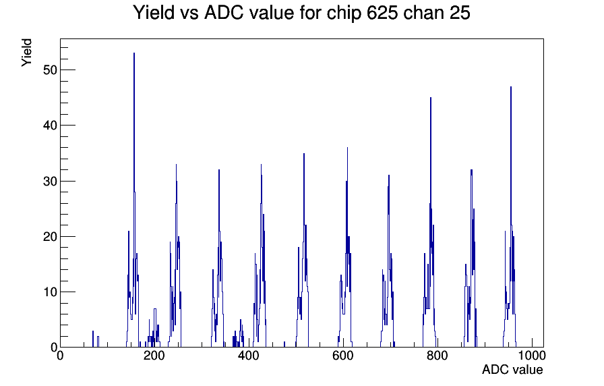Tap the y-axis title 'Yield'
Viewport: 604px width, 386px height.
click(26, 53)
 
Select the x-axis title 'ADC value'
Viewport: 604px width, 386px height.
click(512, 369)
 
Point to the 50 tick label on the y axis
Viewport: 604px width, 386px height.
click(50, 70)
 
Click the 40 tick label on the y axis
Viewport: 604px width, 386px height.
click(50, 126)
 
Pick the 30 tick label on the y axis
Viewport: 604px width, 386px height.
click(50, 181)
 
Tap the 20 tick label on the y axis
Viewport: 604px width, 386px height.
click(50, 236)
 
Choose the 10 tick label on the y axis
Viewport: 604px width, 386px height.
click(50, 292)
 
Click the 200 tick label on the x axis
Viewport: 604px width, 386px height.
click(154, 356)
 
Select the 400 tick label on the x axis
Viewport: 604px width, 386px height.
click(249, 356)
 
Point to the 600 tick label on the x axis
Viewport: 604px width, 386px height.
click(343, 356)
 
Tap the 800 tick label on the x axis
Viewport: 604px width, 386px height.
click(437, 356)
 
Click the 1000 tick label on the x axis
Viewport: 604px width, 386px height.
click(531, 356)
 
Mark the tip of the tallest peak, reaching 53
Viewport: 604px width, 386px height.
click(134, 53)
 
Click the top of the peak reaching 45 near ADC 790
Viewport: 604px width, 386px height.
click(431, 98)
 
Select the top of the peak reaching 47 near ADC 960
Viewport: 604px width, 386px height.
click(511, 87)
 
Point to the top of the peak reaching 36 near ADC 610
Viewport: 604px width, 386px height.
click(347, 148)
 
